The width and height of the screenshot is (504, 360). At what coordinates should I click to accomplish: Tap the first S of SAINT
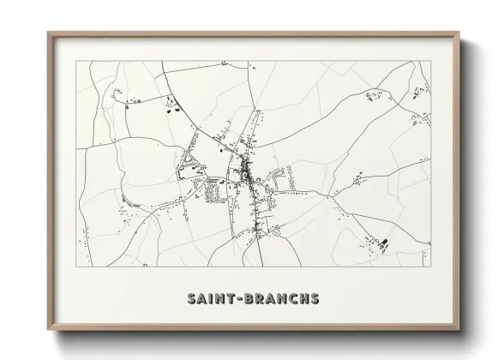coord(191,299)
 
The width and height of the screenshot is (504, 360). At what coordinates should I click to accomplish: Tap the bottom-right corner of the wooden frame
coord(459,329)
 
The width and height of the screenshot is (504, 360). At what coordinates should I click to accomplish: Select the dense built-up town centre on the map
coord(248,176)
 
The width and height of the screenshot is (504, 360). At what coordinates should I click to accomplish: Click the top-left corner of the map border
coord(75,61)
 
